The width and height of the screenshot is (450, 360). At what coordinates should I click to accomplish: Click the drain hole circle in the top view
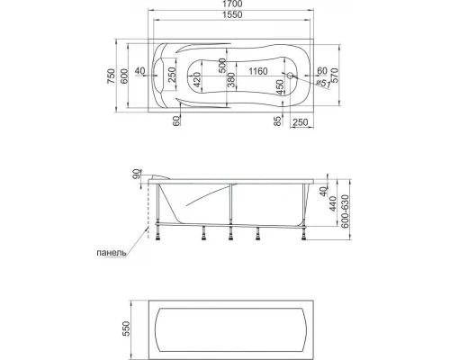(290, 75)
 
